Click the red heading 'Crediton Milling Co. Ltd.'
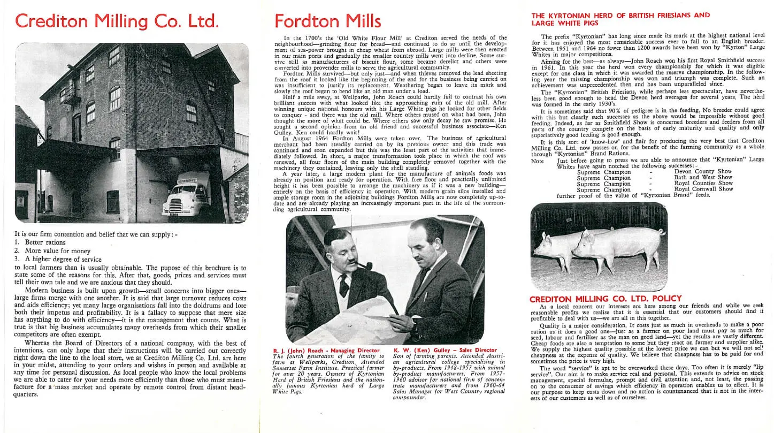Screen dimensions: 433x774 (x=117, y=21)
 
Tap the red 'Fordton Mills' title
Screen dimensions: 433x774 (x=327, y=21)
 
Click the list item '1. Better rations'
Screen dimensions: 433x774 (x=40, y=242)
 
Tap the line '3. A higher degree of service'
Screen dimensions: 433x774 (x=58, y=259)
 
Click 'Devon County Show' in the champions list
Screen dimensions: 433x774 (x=703, y=171)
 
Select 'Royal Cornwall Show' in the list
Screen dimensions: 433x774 (x=703, y=189)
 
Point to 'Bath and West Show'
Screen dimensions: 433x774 (x=703, y=177)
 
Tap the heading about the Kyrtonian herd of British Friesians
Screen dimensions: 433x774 (x=620, y=19)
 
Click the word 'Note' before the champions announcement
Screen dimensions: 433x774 (x=537, y=161)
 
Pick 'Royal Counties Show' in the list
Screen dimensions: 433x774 (x=703, y=183)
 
